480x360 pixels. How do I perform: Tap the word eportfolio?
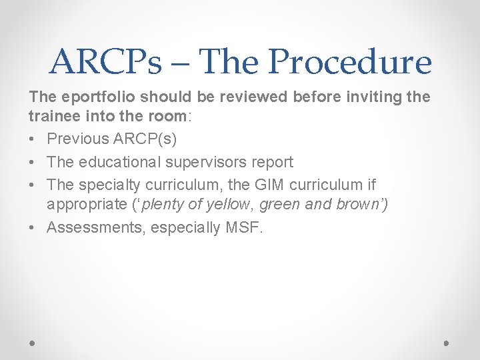89,97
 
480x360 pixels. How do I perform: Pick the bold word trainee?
52,116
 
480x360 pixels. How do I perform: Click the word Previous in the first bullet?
78,139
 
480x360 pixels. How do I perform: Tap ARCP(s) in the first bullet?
145,139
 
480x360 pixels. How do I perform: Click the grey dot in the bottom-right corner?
447,343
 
